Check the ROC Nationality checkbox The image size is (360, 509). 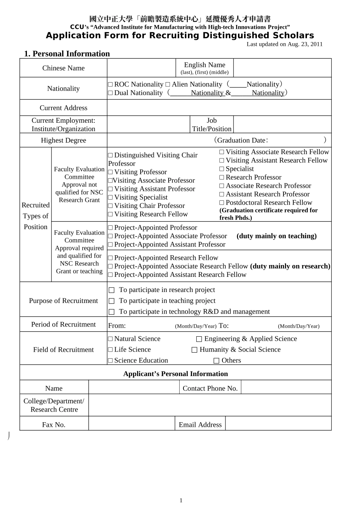point(110,85)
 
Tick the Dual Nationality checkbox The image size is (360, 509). point(110,93)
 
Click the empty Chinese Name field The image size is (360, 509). point(141,68)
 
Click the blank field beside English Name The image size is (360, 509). point(282,68)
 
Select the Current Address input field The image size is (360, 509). point(219,108)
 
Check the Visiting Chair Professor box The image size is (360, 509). point(110,206)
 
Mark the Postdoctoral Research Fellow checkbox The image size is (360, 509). point(222,203)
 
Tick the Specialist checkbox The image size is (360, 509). point(222,169)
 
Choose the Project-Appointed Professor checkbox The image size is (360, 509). point(110,228)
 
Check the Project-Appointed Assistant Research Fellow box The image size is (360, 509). point(110,275)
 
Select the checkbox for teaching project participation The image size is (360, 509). point(111,301)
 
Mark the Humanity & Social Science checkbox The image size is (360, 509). point(194,350)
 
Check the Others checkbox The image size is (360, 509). point(216,361)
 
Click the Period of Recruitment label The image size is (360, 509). point(63,325)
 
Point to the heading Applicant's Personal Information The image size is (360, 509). point(175,374)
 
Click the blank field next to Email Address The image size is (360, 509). point(278,424)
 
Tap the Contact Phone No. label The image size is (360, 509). point(210,389)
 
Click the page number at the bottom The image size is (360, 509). point(181,501)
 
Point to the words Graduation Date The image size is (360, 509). point(241,141)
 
